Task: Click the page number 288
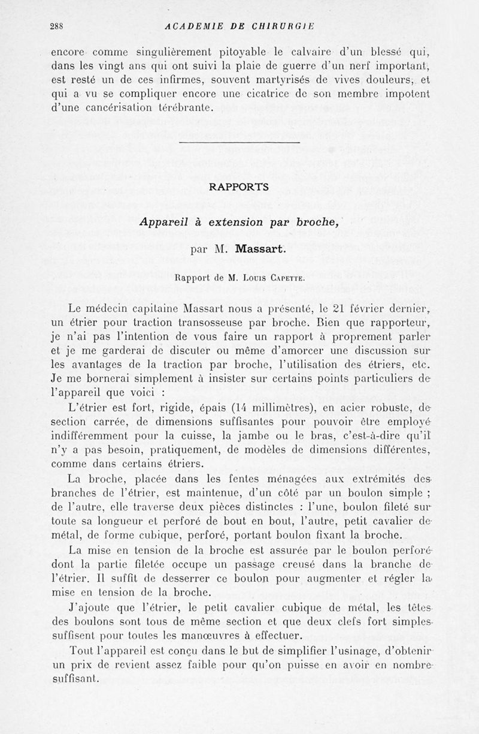57,26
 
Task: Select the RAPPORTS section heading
239,187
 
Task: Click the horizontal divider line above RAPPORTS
239,142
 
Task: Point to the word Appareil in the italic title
164,221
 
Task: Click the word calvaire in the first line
347,51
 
